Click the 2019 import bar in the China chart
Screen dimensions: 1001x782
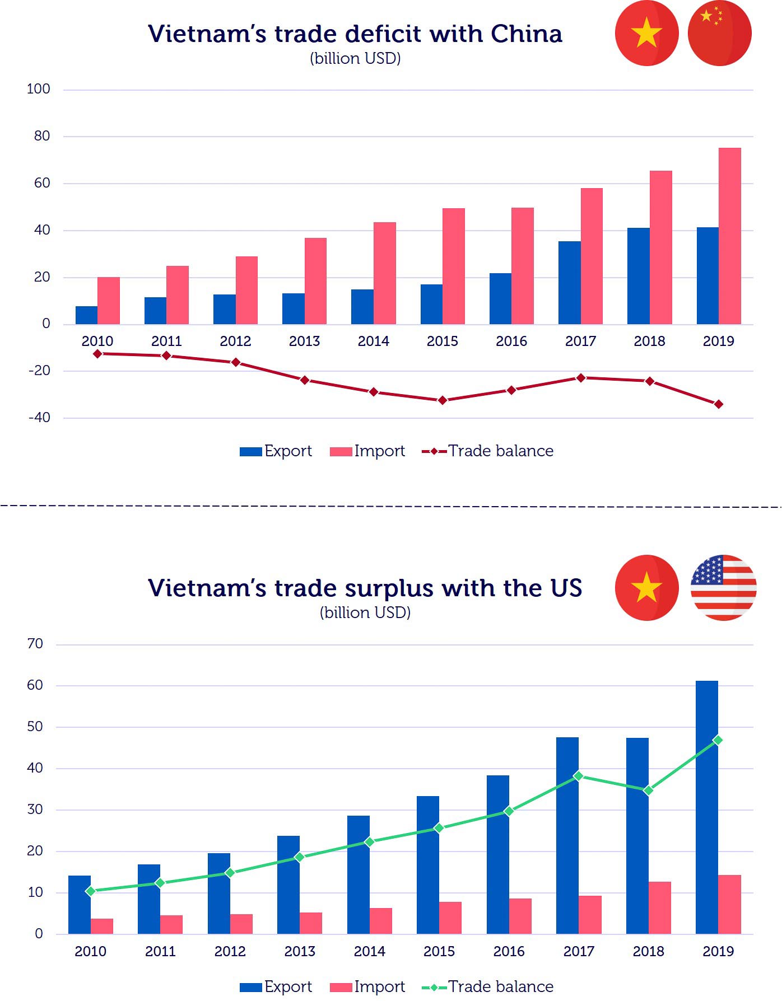pos(729,236)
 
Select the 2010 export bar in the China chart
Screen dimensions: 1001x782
pos(86,315)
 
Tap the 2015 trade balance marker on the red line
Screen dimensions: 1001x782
pos(443,400)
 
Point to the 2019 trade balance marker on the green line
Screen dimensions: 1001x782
pos(718,740)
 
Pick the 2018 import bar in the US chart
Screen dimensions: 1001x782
pos(660,908)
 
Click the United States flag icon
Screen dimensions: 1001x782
pos(723,587)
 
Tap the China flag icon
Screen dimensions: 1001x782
pos(719,34)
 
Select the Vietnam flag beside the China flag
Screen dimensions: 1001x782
pos(646,34)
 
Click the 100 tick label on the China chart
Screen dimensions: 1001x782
pos(38,89)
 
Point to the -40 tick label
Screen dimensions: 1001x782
pos(39,418)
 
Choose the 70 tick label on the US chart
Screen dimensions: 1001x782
pos(35,644)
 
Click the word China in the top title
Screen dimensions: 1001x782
pos(526,34)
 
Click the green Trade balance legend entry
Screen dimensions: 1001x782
pos(487,986)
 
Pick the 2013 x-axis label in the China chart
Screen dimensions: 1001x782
pos(304,342)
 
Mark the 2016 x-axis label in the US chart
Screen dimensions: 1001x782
pos(509,951)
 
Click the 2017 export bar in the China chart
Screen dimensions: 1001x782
pos(569,283)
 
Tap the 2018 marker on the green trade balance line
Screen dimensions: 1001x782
pos(648,790)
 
